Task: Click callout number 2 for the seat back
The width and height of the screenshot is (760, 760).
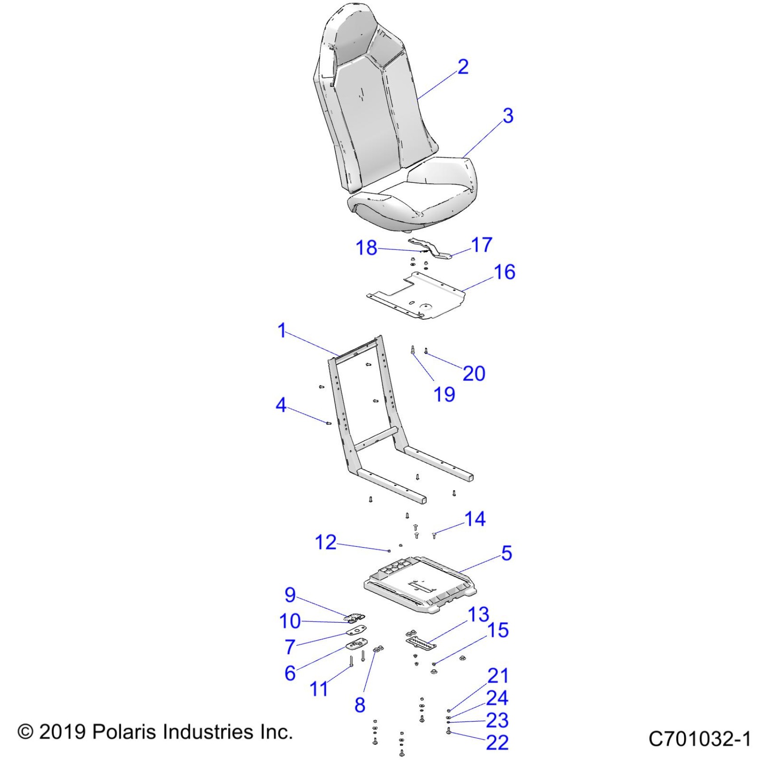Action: tap(463, 67)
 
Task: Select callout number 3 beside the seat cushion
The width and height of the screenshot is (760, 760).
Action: tap(508, 116)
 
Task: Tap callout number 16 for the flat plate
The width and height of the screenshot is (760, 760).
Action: tap(504, 272)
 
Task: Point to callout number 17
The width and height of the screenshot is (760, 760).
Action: tap(481, 245)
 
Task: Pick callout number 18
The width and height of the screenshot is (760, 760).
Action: tap(366, 248)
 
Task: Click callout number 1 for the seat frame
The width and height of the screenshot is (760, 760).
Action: tap(282, 331)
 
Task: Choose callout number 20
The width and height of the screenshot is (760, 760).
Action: tap(474, 373)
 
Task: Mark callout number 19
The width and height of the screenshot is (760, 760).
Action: tap(444, 394)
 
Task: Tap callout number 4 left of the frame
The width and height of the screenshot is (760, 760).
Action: tap(281, 405)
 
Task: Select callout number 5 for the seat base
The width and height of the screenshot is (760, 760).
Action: tap(507, 553)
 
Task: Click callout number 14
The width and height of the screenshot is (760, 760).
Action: tap(475, 519)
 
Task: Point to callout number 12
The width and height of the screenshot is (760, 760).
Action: tap(325, 542)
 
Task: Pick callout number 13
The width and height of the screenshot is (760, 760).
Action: tap(478, 615)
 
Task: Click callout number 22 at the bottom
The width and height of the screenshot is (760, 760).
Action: tap(497, 743)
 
